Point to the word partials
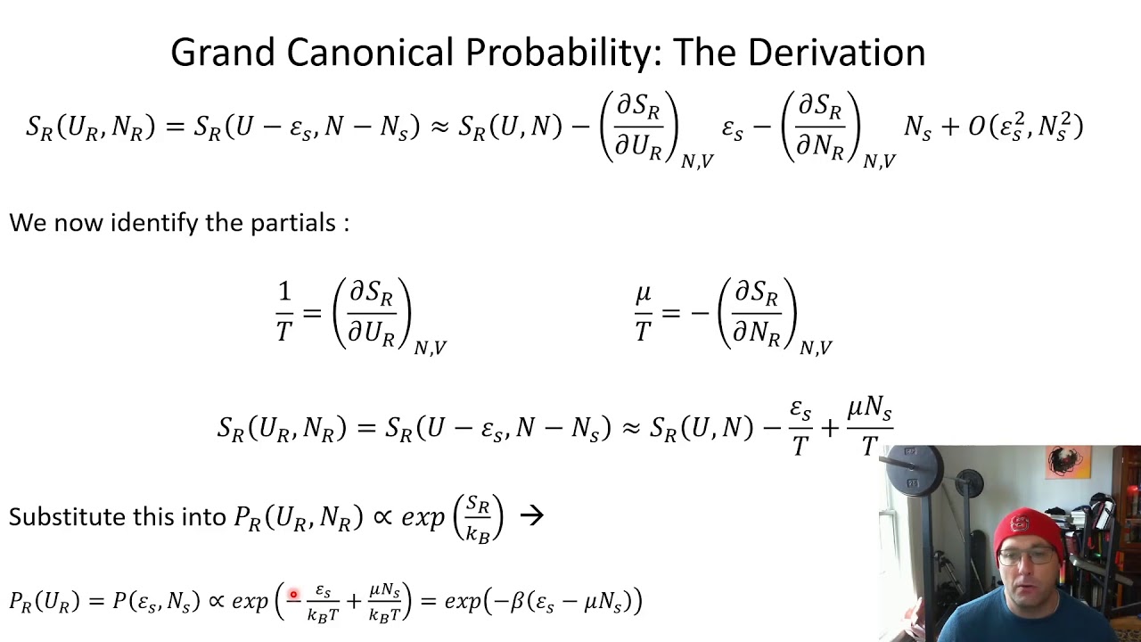click(x=291, y=223)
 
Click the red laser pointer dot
click(x=292, y=595)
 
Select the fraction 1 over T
click(x=284, y=312)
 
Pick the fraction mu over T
click(x=643, y=312)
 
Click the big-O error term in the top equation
click(x=1025, y=127)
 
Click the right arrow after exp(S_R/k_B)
click(x=531, y=515)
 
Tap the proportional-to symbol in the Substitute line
click(x=382, y=516)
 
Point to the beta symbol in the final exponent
click(x=517, y=602)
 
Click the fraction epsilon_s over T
click(x=800, y=428)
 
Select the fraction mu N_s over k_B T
click(x=384, y=603)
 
